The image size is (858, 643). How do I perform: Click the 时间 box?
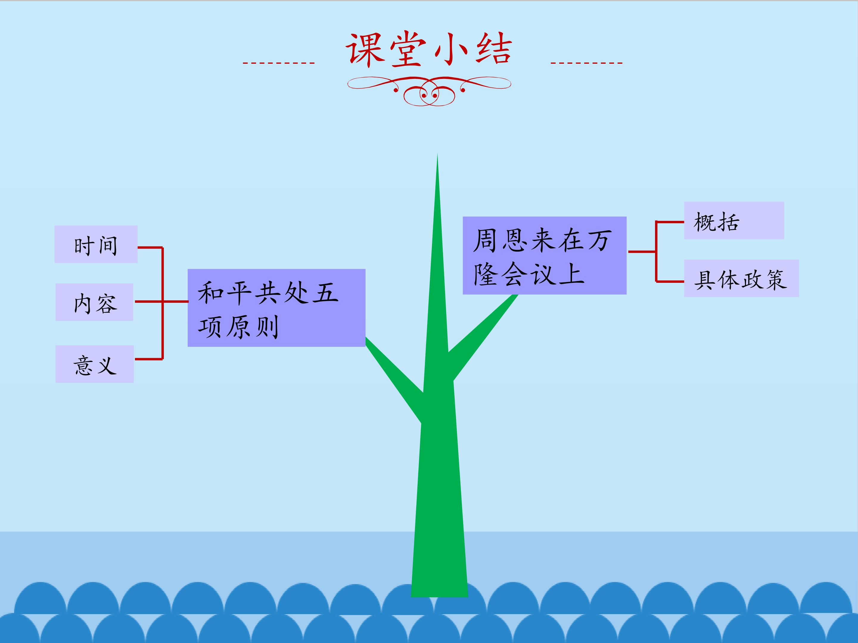point(96,244)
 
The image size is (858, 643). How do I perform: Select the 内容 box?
point(94,302)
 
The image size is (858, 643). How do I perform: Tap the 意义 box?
point(95,364)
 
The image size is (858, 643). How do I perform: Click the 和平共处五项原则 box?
point(276,308)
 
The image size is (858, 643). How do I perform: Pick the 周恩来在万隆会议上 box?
point(545,255)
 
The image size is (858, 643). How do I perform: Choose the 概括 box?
point(734,220)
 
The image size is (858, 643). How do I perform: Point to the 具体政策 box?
point(741,278)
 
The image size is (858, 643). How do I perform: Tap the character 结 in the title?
point(493,49)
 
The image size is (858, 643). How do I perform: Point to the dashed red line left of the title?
point(279,63)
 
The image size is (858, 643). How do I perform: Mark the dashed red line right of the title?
point(587,63)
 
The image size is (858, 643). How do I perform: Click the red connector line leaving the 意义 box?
point(149,359)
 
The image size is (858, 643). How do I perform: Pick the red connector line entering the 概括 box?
point(670,222)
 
